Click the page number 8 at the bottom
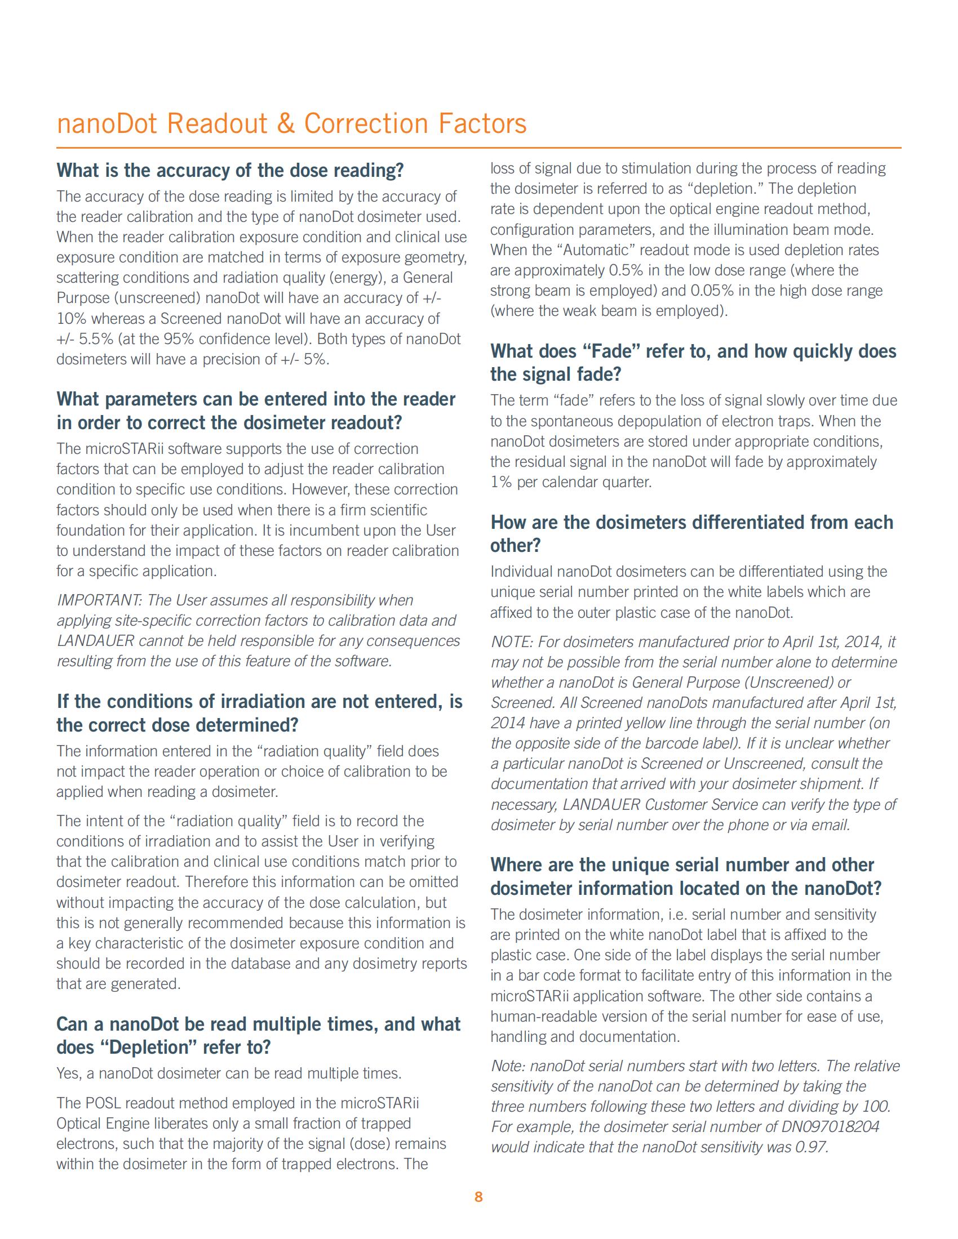coord(478,1197)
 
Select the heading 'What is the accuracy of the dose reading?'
coord(230,170)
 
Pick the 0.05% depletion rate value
coord(712,291)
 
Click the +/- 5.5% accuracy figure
coord(79,338)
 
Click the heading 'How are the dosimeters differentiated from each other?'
coord(691,533)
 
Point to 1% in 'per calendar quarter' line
coord(501,482)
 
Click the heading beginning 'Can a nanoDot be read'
coord(258,1035)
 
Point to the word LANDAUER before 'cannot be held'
coord(95,640)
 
